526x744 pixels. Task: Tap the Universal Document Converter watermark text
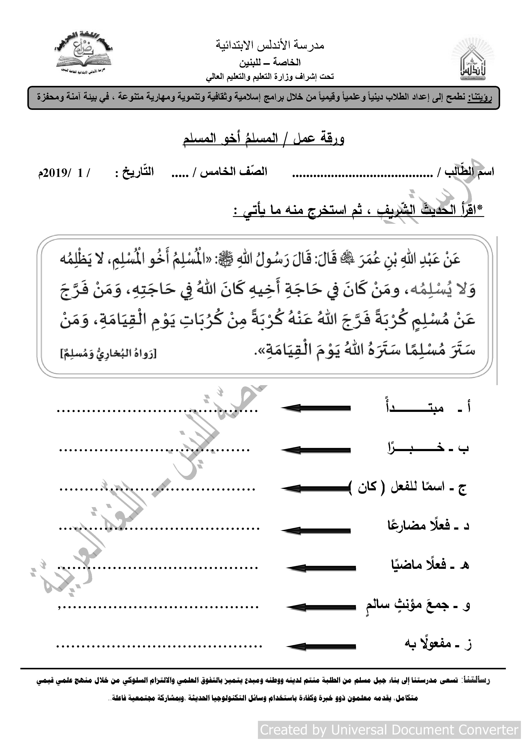click(389, 730)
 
